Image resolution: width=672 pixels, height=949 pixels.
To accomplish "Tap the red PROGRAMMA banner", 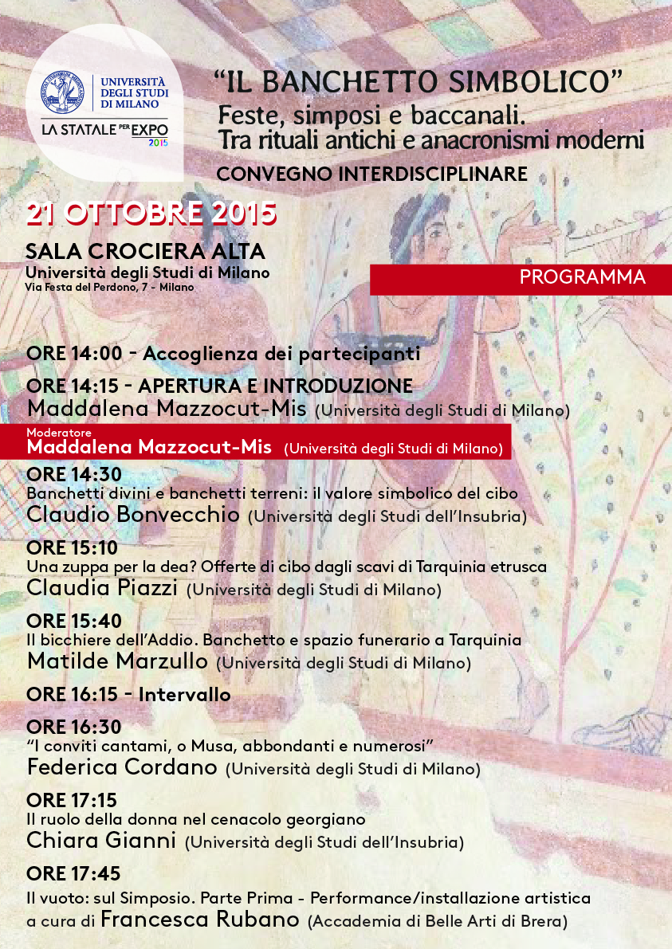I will [x=583, y=277].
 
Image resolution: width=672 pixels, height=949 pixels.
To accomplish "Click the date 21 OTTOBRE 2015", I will [x=151, y=214].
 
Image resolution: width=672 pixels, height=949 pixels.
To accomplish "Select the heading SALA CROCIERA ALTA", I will [x=145, y=251].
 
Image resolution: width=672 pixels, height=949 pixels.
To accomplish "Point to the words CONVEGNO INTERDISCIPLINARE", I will [x=372, y=173].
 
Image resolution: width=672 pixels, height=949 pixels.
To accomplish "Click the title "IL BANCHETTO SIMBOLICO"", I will [x=417, y=80].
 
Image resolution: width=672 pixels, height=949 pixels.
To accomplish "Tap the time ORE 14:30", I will [x=73, y=474].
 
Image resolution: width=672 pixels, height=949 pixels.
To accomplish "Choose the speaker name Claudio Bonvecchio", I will [x=133, y=515].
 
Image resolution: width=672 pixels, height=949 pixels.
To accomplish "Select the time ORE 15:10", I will [x=72, y=547].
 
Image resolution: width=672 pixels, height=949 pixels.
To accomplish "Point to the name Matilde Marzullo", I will [x=117, y=661].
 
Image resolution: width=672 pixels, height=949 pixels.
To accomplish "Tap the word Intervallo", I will [x=185, y=695].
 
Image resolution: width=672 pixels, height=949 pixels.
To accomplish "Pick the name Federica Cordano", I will [x=122, y=767].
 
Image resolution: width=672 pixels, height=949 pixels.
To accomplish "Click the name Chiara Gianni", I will [x=101, y=841].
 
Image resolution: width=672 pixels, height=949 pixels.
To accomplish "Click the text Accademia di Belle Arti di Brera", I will [x=438, y=922].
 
